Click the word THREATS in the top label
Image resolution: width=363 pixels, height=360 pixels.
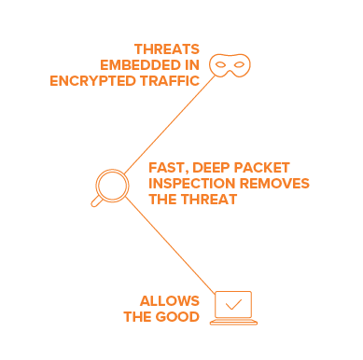[x=167, y=49]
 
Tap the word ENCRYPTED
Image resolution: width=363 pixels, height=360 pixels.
[x=92, y=81]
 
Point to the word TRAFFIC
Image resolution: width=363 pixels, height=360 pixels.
[x=170, y=81]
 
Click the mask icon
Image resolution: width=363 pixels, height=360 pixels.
[x=230, y=65]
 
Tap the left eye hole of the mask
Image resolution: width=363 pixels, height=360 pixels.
[x=220, y=64]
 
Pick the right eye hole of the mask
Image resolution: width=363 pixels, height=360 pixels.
[x=239, y=64]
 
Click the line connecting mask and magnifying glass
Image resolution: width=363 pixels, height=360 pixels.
[x=170, y=124]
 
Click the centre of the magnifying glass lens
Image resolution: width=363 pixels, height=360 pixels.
[x=112, y=186]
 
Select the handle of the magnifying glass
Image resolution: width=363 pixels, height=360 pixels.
[x=96, y=201]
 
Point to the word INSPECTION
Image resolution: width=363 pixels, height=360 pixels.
[x=192, y=184]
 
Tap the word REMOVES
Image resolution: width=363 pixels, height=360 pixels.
[x=274, y=184]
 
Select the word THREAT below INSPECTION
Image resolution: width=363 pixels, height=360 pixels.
[x=209, y=200]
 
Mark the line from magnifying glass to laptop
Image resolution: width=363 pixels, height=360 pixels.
[x=170, y=245]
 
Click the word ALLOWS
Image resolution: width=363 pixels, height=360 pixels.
[x=170, y=301]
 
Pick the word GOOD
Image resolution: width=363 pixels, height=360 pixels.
[x=177, y=317]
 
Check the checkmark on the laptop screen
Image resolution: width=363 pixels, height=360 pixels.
[x=233, y=305]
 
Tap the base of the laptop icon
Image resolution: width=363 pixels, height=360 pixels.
[x=233, y=322]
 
